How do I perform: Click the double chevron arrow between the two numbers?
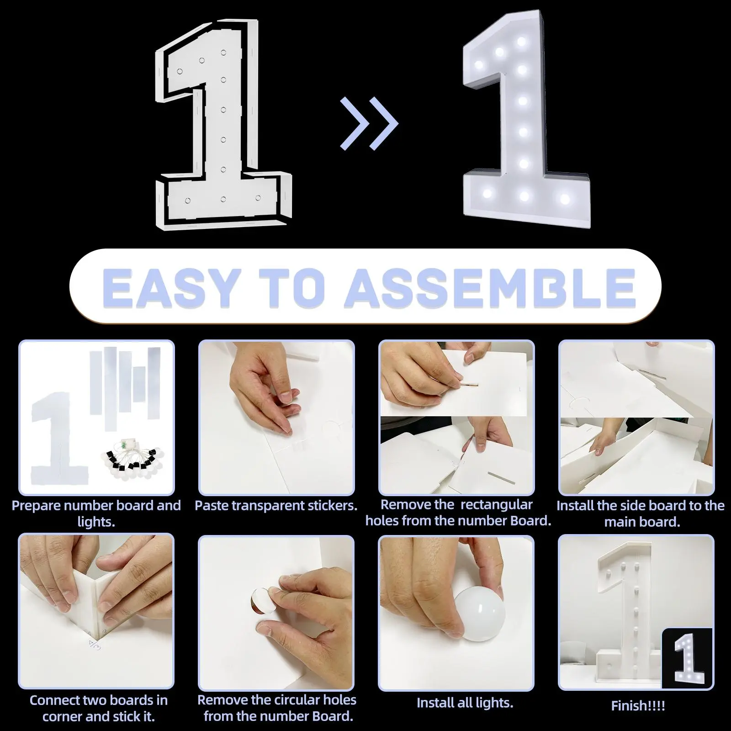point(369,123)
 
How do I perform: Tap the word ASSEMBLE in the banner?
point(490,288)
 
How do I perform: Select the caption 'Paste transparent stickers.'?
point(276,506)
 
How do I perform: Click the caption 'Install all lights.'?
point(465,703)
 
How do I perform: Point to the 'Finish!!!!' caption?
point(638,706)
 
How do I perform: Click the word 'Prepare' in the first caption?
point(37,506)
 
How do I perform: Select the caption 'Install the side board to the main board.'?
point(641,514)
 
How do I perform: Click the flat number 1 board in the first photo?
point(59,439)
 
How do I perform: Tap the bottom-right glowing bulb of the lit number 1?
point(565,199)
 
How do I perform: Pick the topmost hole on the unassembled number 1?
point(224,53)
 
